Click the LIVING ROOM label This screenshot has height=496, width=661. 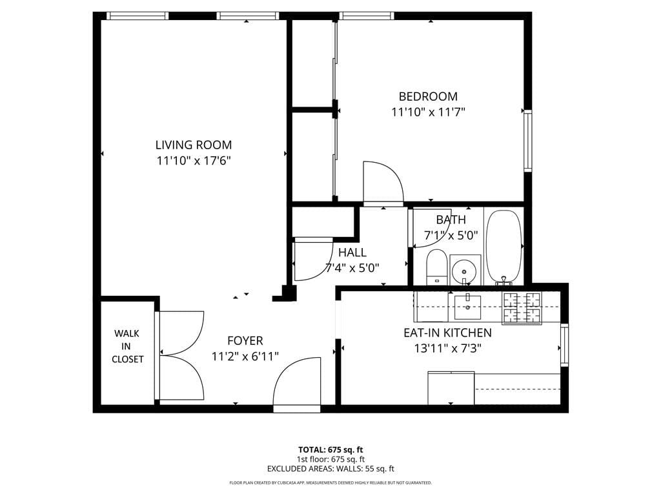click(x=193, y=145)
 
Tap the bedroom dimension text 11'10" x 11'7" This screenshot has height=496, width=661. click(x=428, y=112)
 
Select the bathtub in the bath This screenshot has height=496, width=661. click(x=504, y=247)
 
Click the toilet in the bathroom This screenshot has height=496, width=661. click(x=437, y=267)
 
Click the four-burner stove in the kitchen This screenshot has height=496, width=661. click(x=522, y=307)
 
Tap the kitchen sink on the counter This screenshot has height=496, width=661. click(x=467, y=307)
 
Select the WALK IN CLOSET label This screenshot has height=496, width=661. click(x=127, y=346)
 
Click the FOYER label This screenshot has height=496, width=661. click(x=245, y=340)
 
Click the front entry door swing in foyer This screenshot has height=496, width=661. click(x=297, y=384)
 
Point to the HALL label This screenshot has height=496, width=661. click(x=352, y=253)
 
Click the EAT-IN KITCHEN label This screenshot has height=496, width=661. click(x=447, y=333)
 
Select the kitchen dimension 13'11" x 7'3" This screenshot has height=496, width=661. click(x=447, y=349)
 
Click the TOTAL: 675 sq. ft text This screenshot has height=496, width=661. click(x=330, y=449)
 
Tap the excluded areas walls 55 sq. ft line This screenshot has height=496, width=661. click(x=330, y=469)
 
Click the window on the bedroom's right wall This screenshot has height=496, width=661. click(x=527, y=141)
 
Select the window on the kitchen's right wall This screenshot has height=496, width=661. click(x=564, y=346)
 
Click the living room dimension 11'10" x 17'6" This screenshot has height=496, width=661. click(x=193, y=161)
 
